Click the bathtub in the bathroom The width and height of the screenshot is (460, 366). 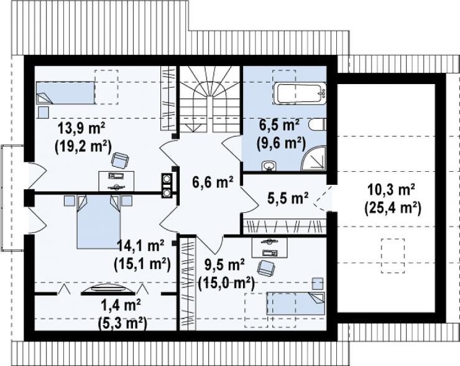tap(300, 93)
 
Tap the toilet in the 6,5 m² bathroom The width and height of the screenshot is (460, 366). tap(319, 124)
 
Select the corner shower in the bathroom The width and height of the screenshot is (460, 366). tap(314, 157)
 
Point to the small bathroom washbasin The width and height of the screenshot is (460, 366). tap(268, 166)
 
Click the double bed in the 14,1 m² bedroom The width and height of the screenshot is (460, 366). tap(99, 222)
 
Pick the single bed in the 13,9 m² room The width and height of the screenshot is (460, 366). tap(65, 93)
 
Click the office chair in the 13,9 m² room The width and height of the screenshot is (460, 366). tap(120, 161)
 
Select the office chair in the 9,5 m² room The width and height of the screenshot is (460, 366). tap(266, 268)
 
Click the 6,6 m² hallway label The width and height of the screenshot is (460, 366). tap(213, 182)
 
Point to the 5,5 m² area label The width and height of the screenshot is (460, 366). tap(288, 199)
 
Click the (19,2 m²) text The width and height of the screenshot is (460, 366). tap(83, 145)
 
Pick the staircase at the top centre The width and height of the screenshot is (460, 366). tap(210, 100)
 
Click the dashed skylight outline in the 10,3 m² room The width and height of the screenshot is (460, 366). tap(393, 256)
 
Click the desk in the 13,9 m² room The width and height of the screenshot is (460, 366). tap(116, 181)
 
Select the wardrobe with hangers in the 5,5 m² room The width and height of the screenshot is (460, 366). tap(285, 227)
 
